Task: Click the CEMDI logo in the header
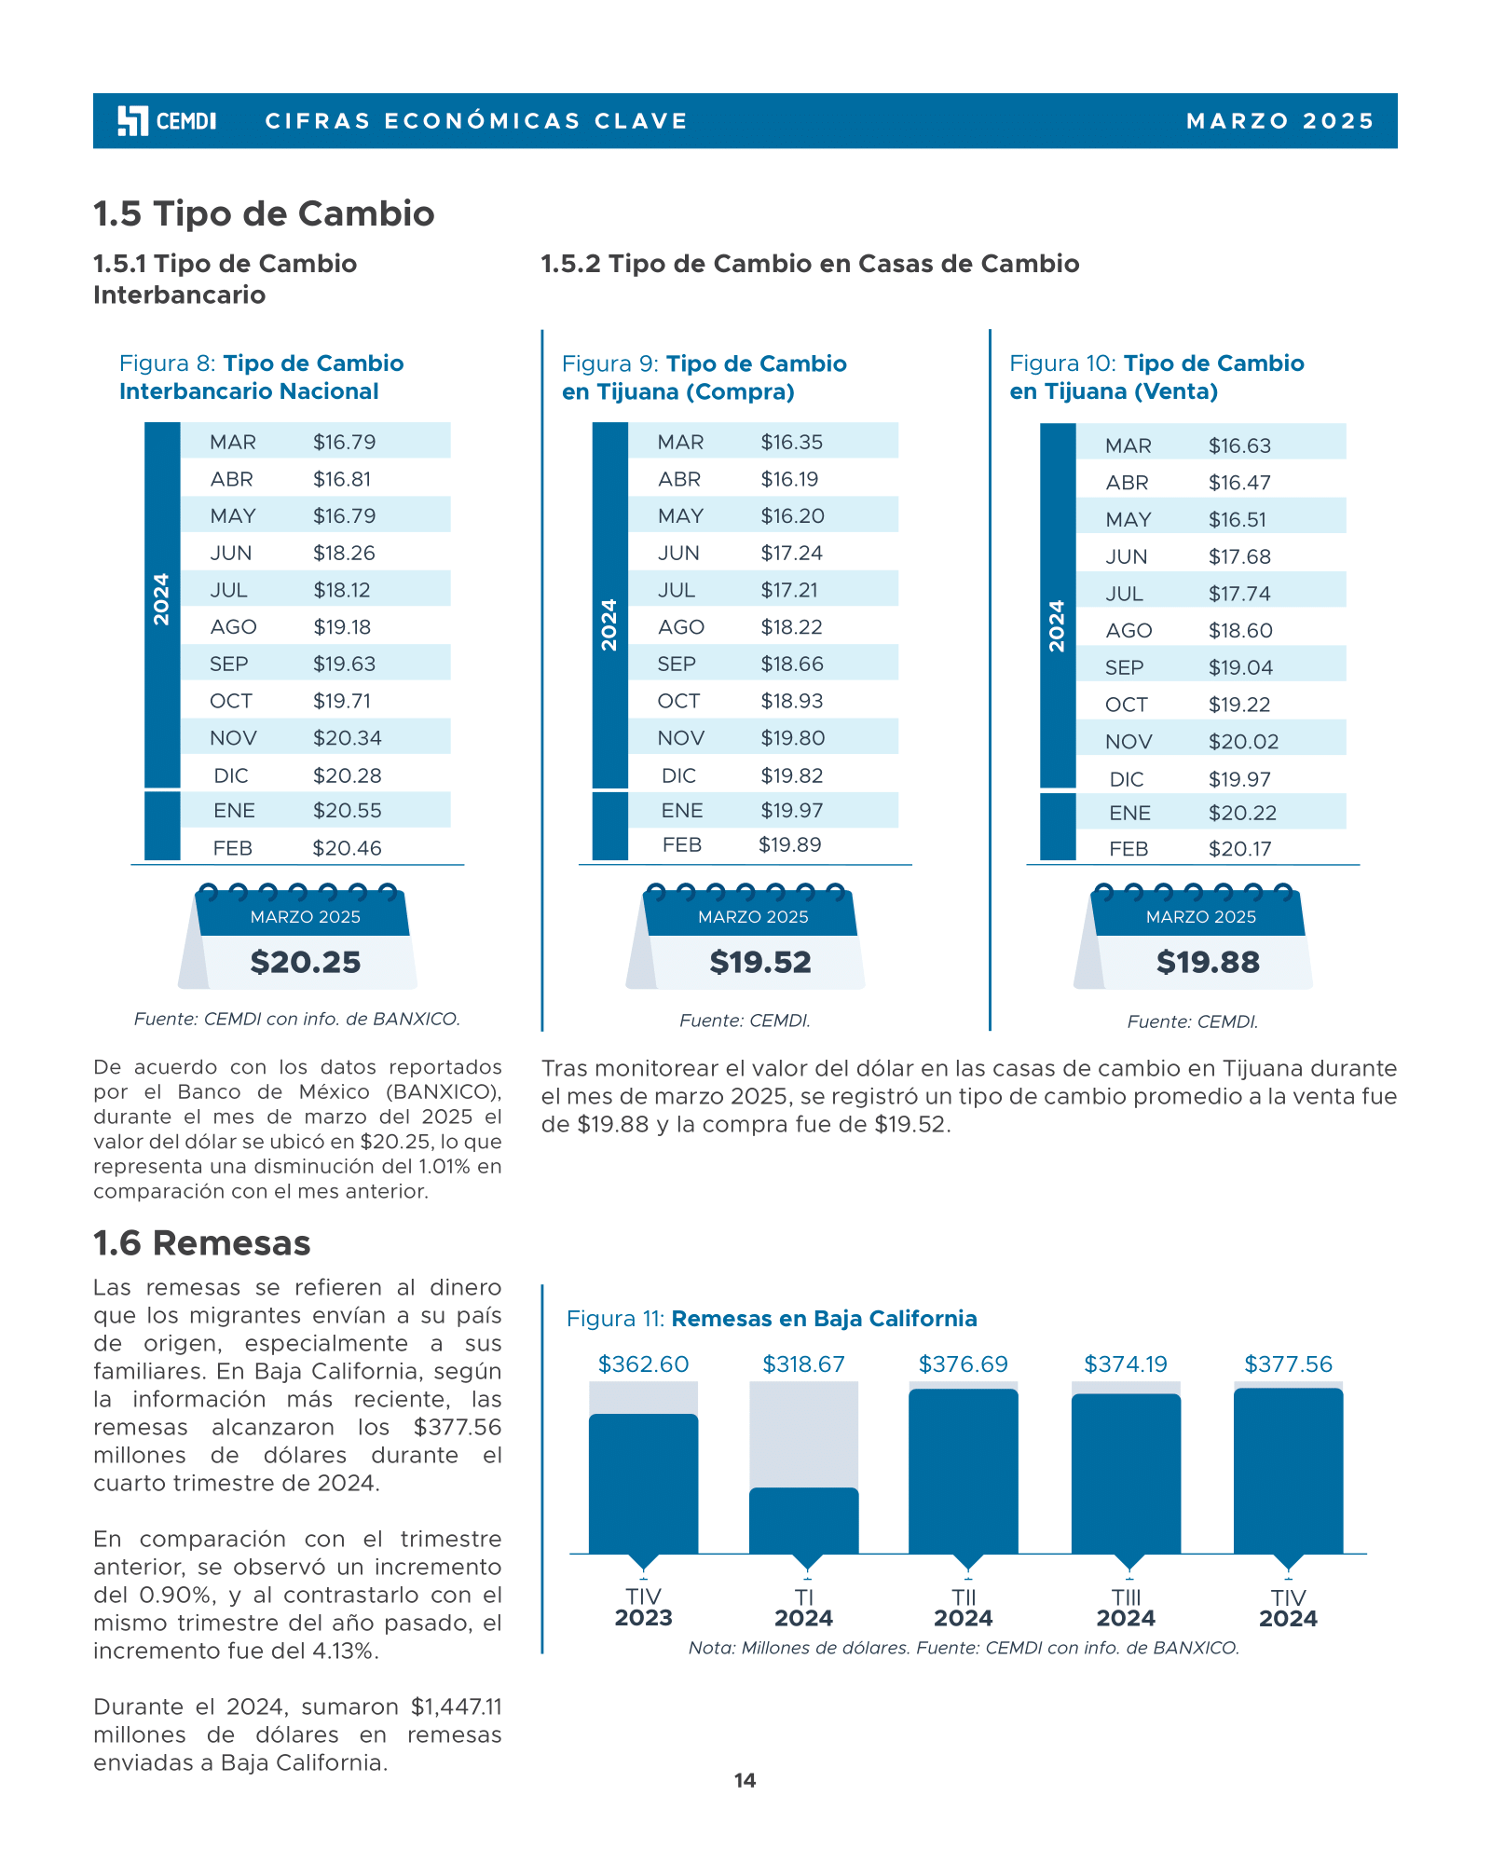click(x=167, y=121)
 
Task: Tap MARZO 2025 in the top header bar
click(x=1279, y=121)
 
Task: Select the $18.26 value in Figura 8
click(x=344, y=553)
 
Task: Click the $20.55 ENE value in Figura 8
click(x=347, y=811)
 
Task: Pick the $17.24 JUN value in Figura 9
click(x=791, y=553)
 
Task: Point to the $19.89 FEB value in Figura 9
click(x=789, y=845)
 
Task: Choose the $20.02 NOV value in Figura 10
click(x=1243, y=742)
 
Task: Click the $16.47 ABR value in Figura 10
click(x=1239, y=483)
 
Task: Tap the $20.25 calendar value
click(x=305, y=963)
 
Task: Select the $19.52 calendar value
click(x=760, y=963)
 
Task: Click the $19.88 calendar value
click(x=1208, y=963)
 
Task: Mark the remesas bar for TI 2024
click(x=804, y=1521)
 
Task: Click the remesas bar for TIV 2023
click(x=644, y=1484)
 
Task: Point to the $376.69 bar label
click(x=964, y=1364)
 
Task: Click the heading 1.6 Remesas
click(x=202, y=1243)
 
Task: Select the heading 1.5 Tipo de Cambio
click(x=264, y=213)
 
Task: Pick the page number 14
click(x=745, y=1781)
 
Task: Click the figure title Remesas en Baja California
click(x=824, y=1319)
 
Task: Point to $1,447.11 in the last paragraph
click(x=456, y=1707)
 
